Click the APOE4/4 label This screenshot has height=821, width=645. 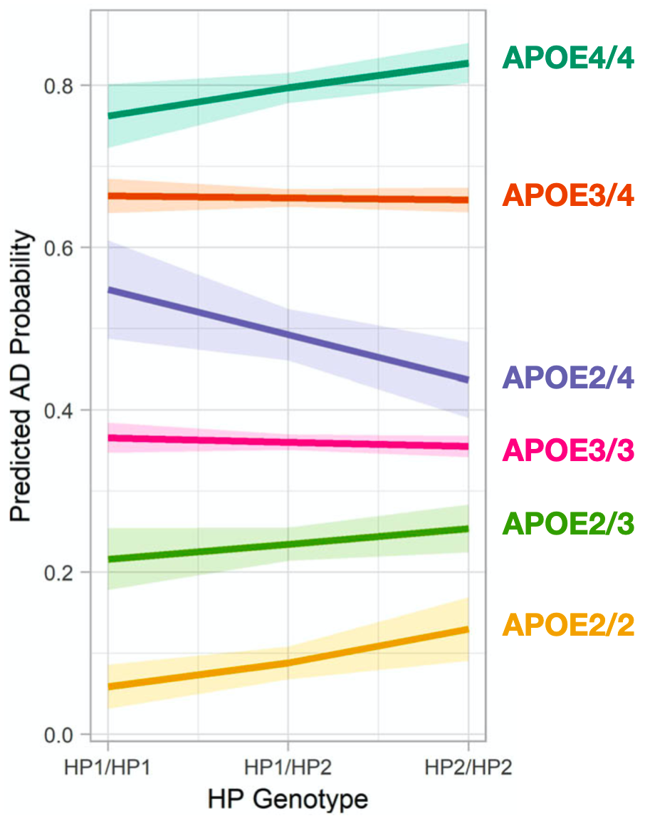tap(567, 58)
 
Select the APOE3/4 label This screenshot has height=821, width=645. tap(567, 195)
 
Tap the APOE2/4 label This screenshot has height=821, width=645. tap(567, 378)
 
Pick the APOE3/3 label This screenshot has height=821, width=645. tap(567, 451)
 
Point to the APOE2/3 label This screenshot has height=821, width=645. tap(567, 524)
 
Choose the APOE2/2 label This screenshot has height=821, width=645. tap(567, 626)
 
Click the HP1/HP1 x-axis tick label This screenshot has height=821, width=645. tap(107, 768)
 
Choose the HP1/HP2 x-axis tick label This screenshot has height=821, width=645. tap(288, 768)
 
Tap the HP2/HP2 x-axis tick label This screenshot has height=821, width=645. tap(468, 768)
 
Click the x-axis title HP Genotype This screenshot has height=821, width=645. tap(288, 800)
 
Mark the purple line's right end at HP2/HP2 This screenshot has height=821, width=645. tap(468, 380)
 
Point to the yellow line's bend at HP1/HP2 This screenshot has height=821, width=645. tap(288, 663)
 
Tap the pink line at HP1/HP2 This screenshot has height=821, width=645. tap(288, 443)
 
